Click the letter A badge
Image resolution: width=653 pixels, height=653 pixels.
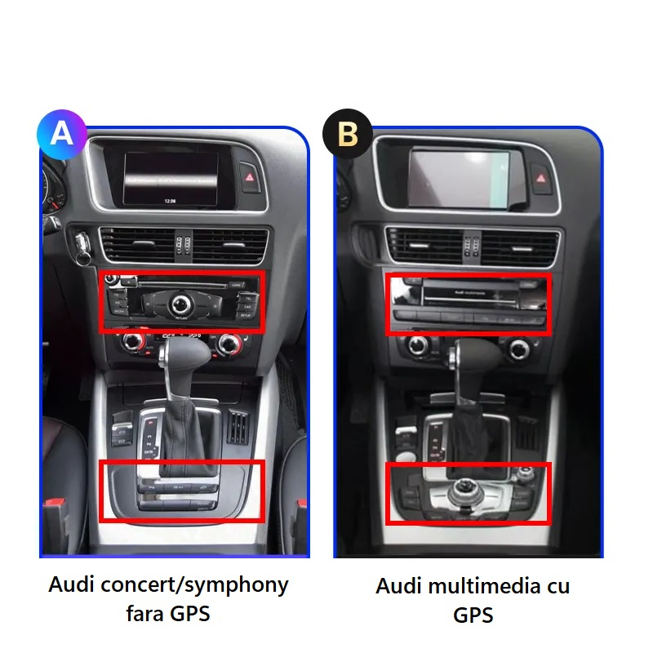[62, 132]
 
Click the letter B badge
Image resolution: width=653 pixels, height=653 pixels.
[348, 133]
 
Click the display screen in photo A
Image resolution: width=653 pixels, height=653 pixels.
[171, 180]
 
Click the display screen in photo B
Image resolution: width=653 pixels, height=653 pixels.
[459, 177]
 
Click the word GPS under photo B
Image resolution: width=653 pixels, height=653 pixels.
[473, 615]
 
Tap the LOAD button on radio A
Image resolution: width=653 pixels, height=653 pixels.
[236, 285]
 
